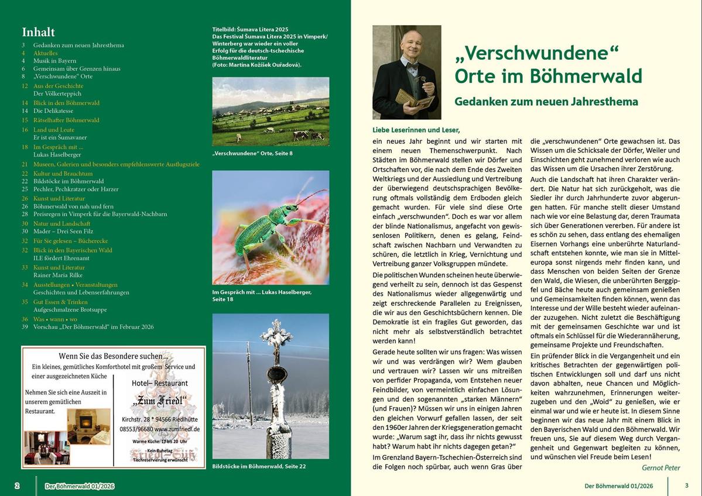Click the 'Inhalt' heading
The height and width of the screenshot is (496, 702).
coord(39,32)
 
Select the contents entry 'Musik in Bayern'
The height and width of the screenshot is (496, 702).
coord(55,60)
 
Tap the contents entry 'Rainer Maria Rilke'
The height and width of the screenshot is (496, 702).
coord(58,275)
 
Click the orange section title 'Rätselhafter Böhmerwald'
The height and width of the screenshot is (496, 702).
coord(66,120)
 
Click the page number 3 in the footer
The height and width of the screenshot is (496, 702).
coord(686,485)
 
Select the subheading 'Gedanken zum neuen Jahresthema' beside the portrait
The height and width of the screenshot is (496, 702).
coord(546,102)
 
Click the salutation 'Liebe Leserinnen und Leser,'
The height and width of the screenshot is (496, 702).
coord(416,129)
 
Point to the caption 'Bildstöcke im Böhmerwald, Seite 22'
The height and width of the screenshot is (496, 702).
coord(259,466)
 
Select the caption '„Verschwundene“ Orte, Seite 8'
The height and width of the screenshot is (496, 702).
coord(252,153)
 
